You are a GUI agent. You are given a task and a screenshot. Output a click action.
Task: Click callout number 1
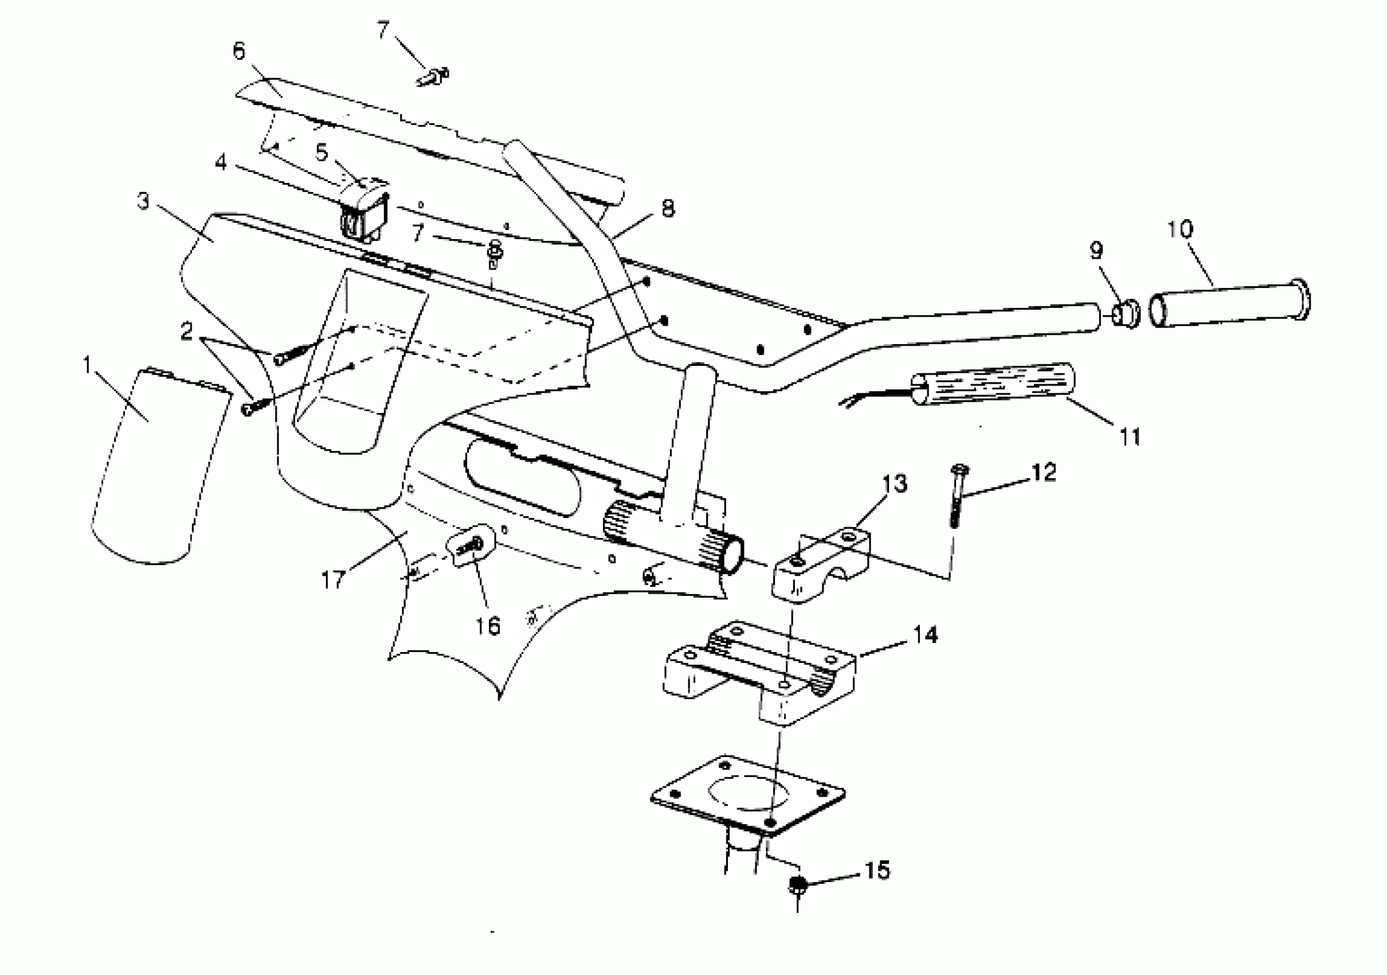pos(88,365)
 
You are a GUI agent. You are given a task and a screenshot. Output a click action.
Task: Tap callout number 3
pos(143,201)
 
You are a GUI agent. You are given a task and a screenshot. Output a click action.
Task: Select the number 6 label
pos(239,52)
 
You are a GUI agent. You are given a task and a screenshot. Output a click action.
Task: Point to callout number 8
pos(668,209)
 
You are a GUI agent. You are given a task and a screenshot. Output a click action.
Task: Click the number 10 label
pos(1180,229)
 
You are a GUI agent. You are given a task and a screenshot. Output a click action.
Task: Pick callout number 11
pos(1130,436)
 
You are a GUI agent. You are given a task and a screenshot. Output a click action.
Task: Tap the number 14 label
pos(925,635)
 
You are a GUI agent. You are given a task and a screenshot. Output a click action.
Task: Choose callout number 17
pos(333,580)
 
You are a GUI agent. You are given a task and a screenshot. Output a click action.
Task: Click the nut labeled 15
pos(797,886)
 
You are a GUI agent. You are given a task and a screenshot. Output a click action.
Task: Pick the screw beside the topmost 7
pos(432,77)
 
